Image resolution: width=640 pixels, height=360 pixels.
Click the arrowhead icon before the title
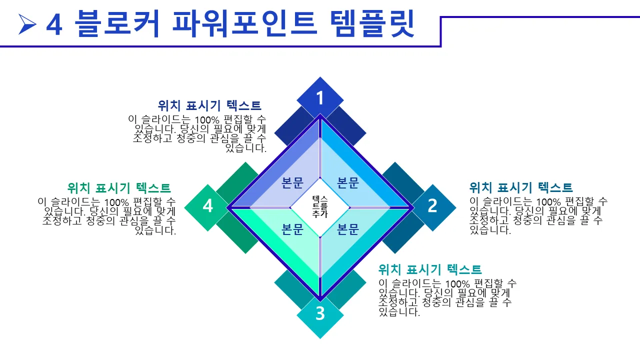click(x=27, y=24)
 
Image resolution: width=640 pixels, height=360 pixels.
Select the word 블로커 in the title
click(x=117, y=23)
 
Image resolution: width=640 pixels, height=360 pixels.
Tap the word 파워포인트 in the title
click(x=244, y=23)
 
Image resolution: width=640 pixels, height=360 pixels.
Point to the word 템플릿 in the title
click(x=372, y=23)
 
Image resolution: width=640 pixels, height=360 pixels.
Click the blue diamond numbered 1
click(x=320, y=98)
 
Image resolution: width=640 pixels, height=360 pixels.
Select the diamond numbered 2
click(x=432, y=207)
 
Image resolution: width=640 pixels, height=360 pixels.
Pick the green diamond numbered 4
click(x=207, y=207)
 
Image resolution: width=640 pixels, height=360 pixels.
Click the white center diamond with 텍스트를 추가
click(x=320, y=207)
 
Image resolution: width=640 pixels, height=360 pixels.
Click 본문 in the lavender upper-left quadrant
click(x=292, y=183)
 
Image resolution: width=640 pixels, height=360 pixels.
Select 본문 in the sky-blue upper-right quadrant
click(x=347, y=183)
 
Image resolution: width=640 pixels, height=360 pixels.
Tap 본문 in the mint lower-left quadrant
click(x=292, y=229)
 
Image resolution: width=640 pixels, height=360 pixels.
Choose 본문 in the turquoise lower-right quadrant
click(x=347, y=229)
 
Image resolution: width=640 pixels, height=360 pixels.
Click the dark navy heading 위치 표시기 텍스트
click(x=209, y=105)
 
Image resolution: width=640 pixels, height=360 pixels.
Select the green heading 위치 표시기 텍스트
click(x=119, y=188)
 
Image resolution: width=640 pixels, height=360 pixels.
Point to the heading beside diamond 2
click(x=521, y=187)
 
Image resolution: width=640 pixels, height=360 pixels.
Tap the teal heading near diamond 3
click(x=430, y=269)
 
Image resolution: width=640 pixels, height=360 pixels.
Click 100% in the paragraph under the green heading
click(x=116, y=202)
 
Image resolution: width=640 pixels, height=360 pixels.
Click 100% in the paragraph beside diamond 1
click(x=207, y=120)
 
